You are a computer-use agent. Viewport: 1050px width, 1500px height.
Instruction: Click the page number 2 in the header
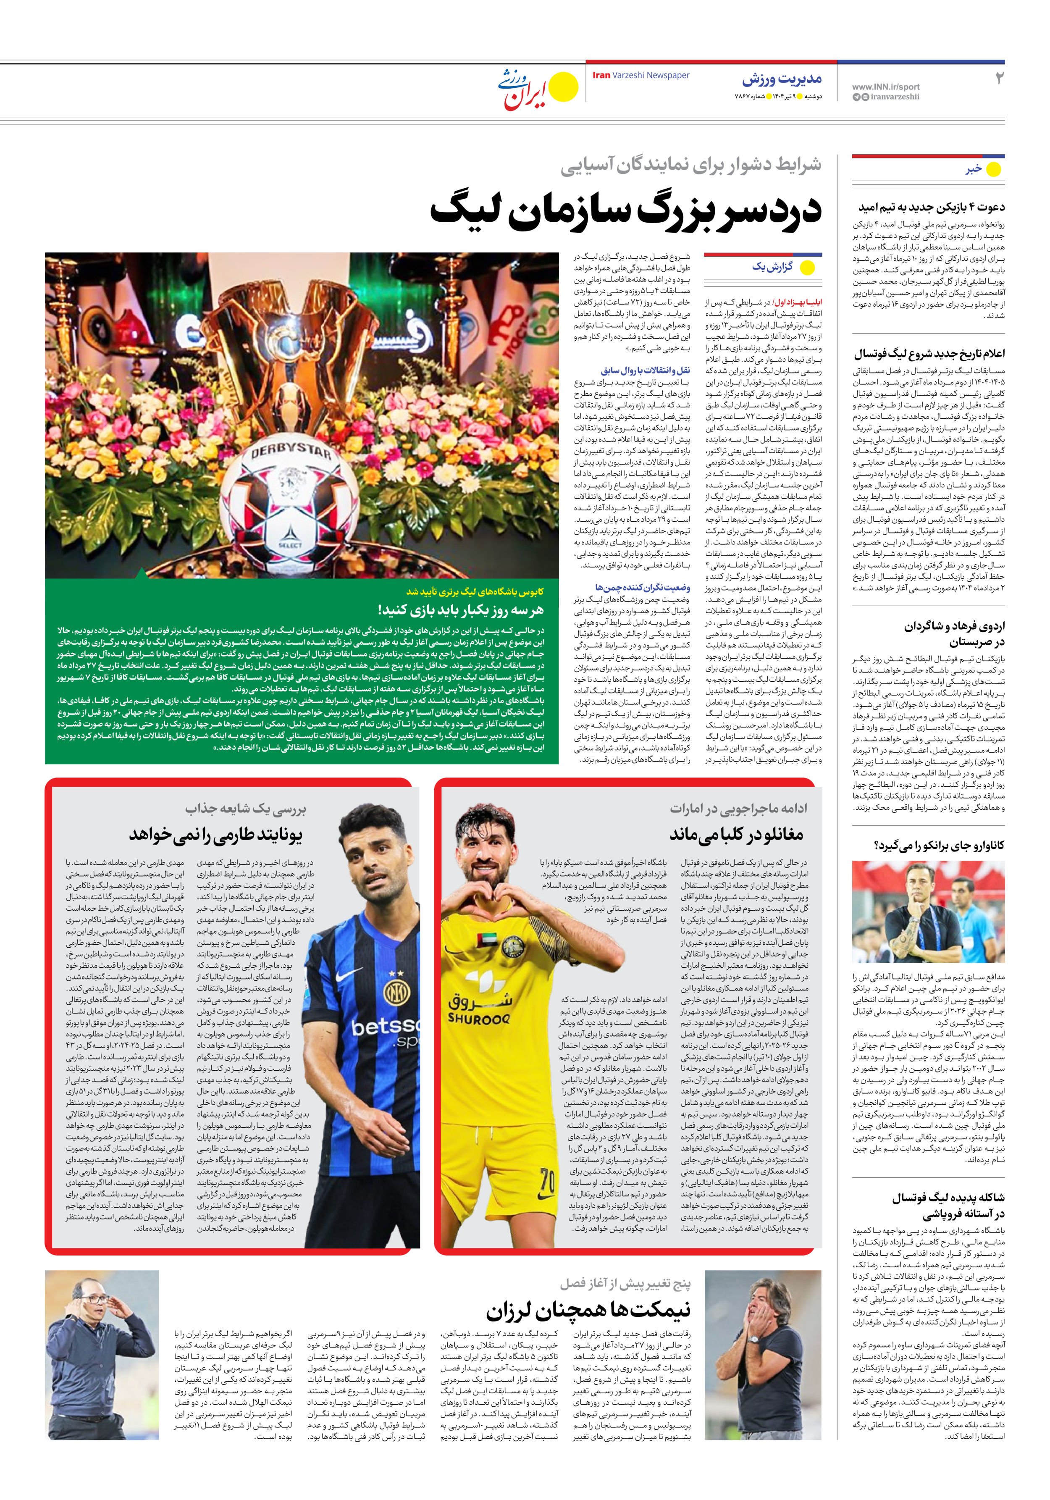pos(998,79)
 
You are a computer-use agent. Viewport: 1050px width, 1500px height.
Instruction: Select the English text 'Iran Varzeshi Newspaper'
pos(640,75)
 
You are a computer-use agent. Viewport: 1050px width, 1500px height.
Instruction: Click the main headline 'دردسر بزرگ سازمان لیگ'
pos(625,210)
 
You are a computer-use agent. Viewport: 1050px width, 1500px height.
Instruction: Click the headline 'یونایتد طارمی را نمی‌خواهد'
pos(215,834)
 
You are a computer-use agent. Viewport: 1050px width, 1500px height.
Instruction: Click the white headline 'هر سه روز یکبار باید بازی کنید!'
pos(461,609)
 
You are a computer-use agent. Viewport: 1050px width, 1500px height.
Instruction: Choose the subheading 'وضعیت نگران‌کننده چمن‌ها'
pos(642,587)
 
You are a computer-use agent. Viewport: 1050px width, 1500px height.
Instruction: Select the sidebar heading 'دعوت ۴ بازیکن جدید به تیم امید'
pos(931,207)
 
